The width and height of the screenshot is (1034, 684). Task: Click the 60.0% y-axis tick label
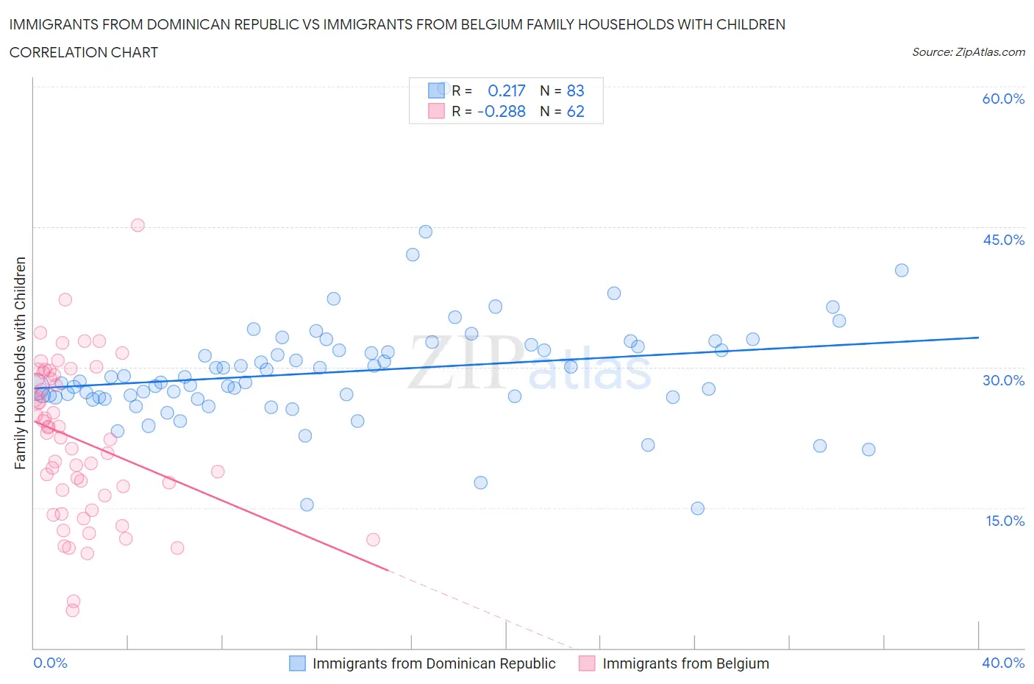1003,99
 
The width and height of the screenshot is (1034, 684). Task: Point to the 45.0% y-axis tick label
1003,240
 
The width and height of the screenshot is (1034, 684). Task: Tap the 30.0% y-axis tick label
1003,380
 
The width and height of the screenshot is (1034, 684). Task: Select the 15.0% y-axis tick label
1003,521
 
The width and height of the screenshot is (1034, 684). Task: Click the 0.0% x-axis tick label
50,663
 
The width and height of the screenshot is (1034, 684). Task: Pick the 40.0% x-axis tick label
1003,663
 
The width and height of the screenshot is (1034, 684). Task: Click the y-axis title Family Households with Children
21,363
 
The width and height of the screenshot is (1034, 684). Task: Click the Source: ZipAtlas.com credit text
968,52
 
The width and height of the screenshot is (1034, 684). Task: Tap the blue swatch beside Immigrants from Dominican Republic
297,663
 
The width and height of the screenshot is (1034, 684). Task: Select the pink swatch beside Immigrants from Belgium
587,663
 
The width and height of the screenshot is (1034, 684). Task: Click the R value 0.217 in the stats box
507,90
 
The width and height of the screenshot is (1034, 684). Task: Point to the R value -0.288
502,111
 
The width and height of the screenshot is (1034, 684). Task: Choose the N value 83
575,90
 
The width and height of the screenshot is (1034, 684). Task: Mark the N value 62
575,111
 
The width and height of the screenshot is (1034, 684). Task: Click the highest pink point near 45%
138,226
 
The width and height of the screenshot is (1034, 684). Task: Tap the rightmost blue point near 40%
902,270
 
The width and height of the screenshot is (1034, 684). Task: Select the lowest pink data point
72,610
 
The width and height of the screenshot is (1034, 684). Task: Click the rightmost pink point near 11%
373,540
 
